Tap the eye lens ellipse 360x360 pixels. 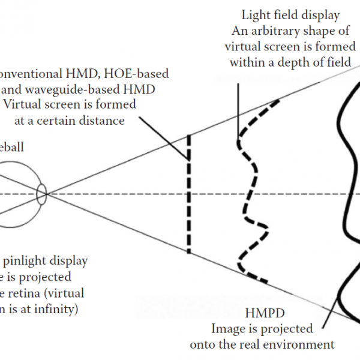click(41, 193)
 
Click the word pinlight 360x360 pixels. click(25, 262)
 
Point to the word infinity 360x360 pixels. click(53, 309)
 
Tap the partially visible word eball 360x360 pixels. click(12, 146)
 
